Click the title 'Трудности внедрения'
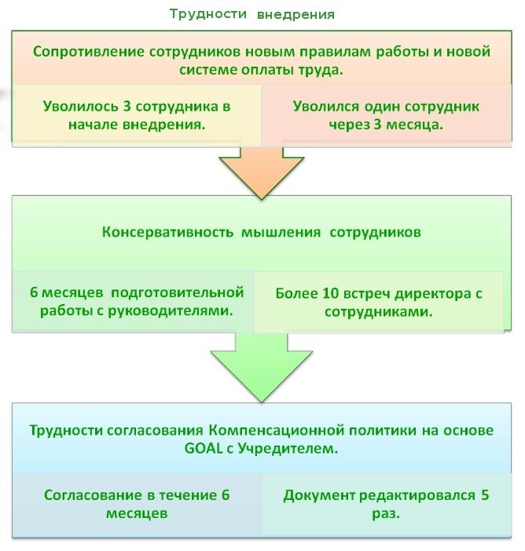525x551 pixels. tap(252, 14)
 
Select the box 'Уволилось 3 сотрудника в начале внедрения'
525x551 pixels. tap(137, 116)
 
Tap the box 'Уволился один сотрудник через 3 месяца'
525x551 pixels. tap(386, 116)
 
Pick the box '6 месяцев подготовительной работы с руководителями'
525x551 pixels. tap(134, 301)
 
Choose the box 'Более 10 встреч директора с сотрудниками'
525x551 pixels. tap(379, 302)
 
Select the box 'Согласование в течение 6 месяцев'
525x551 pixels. tap(137, 504)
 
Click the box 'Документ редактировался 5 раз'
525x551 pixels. tap(387, 504)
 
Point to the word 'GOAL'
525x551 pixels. tap(204, 448)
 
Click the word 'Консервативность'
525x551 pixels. tap(167, 233)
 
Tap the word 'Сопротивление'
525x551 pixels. tap(89, 52)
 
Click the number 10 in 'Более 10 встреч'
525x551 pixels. tap(330, 293)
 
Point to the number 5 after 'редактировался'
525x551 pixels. tap(485, 494)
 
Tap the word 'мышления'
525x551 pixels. tap(281, 233)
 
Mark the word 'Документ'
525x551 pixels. tap(319, 495)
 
